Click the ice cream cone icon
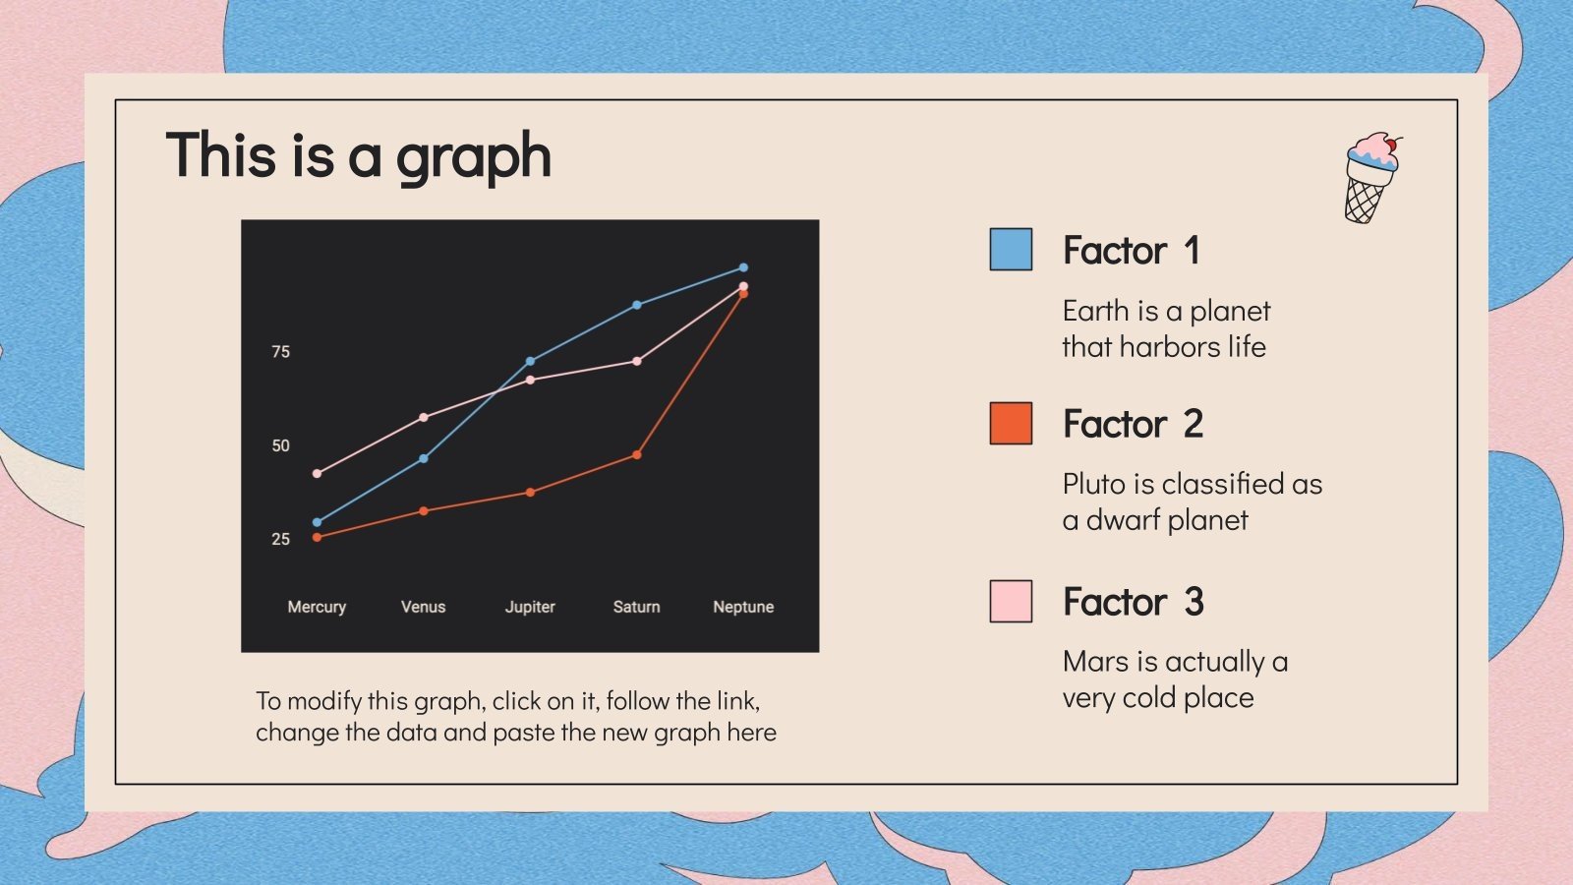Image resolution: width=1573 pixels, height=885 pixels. (1370, 178)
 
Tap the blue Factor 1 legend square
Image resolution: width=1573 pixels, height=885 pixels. (1011, 250)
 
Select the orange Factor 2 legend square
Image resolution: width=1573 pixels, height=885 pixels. (1011, 424)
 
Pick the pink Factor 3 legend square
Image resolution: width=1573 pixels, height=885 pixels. (1011, 602)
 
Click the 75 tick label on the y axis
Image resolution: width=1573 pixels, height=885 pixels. (281, 352)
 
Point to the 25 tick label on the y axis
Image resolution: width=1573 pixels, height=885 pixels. (281, 539)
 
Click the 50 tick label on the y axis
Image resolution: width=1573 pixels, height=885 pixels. (281, 445)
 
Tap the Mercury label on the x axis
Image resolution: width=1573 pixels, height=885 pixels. (317, 607)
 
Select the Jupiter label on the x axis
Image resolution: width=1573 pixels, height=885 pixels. (530, 607)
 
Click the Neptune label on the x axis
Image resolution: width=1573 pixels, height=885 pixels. (743, 607)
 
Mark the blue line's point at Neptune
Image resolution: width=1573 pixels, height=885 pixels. (743, 267)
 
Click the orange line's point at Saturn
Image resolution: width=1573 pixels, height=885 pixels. (637, 455)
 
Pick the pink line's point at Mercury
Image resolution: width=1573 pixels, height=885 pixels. (317, 474)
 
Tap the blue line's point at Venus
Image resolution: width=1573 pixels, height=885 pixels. (424, 459)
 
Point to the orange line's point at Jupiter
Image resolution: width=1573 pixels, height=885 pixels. (530, 493)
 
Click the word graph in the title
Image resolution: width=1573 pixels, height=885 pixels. (473, 157)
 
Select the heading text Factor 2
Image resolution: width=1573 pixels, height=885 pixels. (1133, 425)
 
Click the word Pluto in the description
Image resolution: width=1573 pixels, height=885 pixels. (1094, 484)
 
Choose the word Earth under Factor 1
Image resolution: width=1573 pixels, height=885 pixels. (1095, 311)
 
